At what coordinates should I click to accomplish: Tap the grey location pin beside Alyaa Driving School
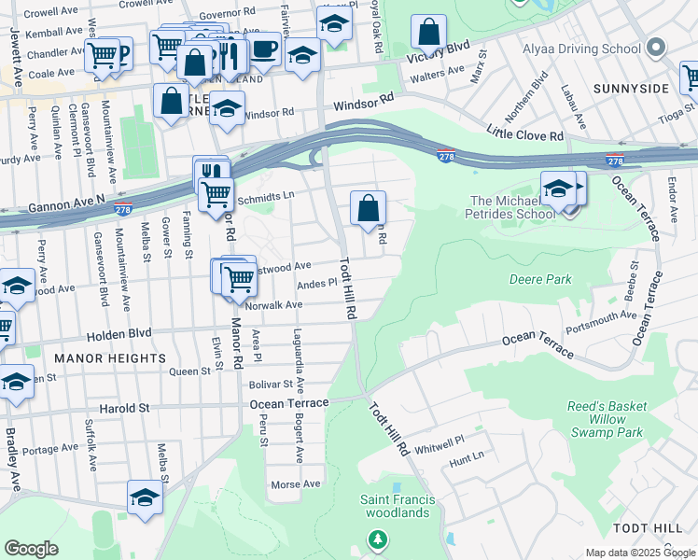(x=658, y=49)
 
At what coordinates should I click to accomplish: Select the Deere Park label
(x=540, y=279)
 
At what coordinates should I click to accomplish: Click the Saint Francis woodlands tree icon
(x=377, y=539)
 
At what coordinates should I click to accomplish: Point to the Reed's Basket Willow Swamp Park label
(x=607, y=420)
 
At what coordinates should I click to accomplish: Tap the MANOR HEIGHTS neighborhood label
(x=110, y=357)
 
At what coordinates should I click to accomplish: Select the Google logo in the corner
(x=31, y=549)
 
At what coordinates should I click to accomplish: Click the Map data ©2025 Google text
(x=640, y=553)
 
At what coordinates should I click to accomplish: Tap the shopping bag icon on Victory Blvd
(x=428, y=33)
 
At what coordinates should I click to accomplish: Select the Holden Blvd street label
(x=119, y=334)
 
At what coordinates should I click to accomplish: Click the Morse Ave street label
(x=295, y=484)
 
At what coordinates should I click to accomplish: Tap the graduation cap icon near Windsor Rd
(x=225, y=108)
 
